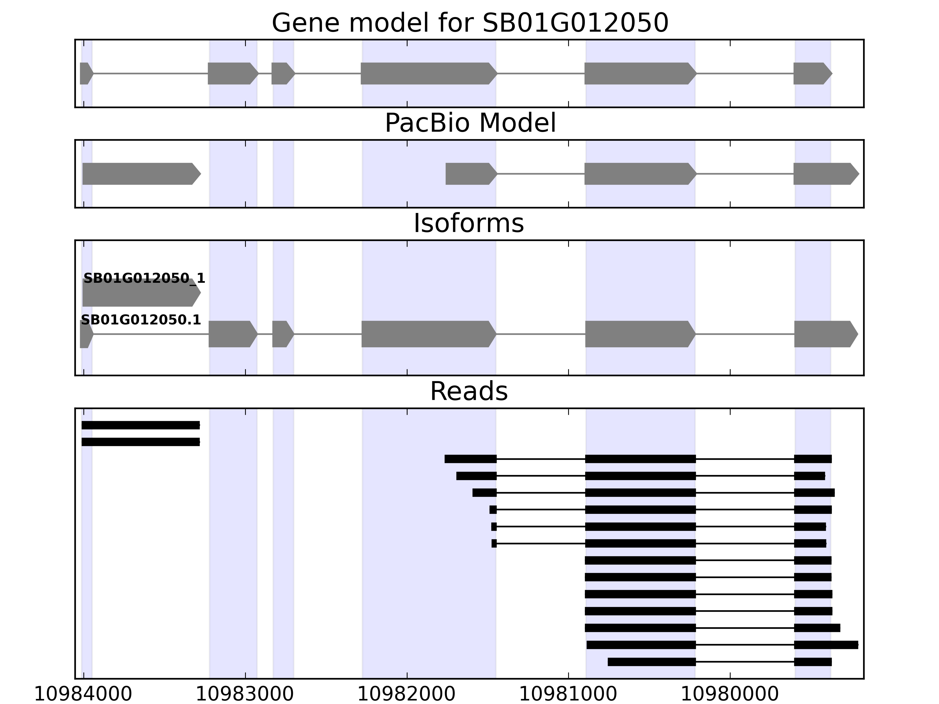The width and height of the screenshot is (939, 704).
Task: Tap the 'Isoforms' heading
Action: tap(469, 223)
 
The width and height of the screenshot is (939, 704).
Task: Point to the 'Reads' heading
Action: tap(469, 391)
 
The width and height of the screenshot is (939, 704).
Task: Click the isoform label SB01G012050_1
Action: tap(144, 278)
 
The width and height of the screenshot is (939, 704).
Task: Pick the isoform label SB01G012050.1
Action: tap(141, 320)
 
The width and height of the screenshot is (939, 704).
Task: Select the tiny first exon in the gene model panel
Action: tap(85, 73)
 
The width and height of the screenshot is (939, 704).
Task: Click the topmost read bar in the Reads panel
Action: tap(141, 425)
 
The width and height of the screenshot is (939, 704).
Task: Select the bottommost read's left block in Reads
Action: tap(652, 661)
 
